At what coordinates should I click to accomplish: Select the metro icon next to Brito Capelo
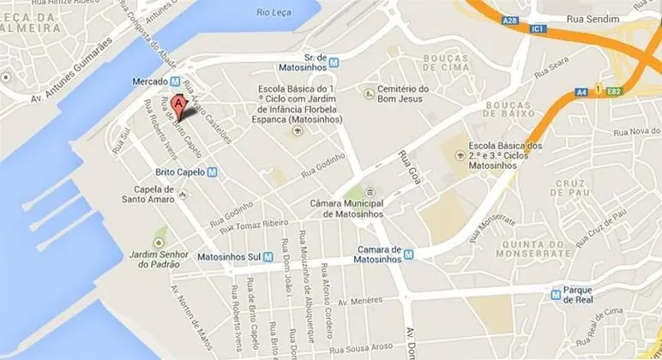pos(212,171)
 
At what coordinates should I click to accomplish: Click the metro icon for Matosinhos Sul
pos(268,255)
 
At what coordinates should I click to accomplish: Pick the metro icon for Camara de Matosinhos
pos(409,255)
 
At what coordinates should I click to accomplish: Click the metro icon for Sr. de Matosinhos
pos(335,62)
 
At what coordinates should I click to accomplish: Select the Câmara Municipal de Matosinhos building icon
pos(370,192)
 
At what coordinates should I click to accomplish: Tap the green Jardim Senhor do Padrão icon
pos(159,232)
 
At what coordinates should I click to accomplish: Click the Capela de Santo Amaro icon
pos(184,198)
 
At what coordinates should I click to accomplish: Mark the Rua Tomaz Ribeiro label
pos(259,225)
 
